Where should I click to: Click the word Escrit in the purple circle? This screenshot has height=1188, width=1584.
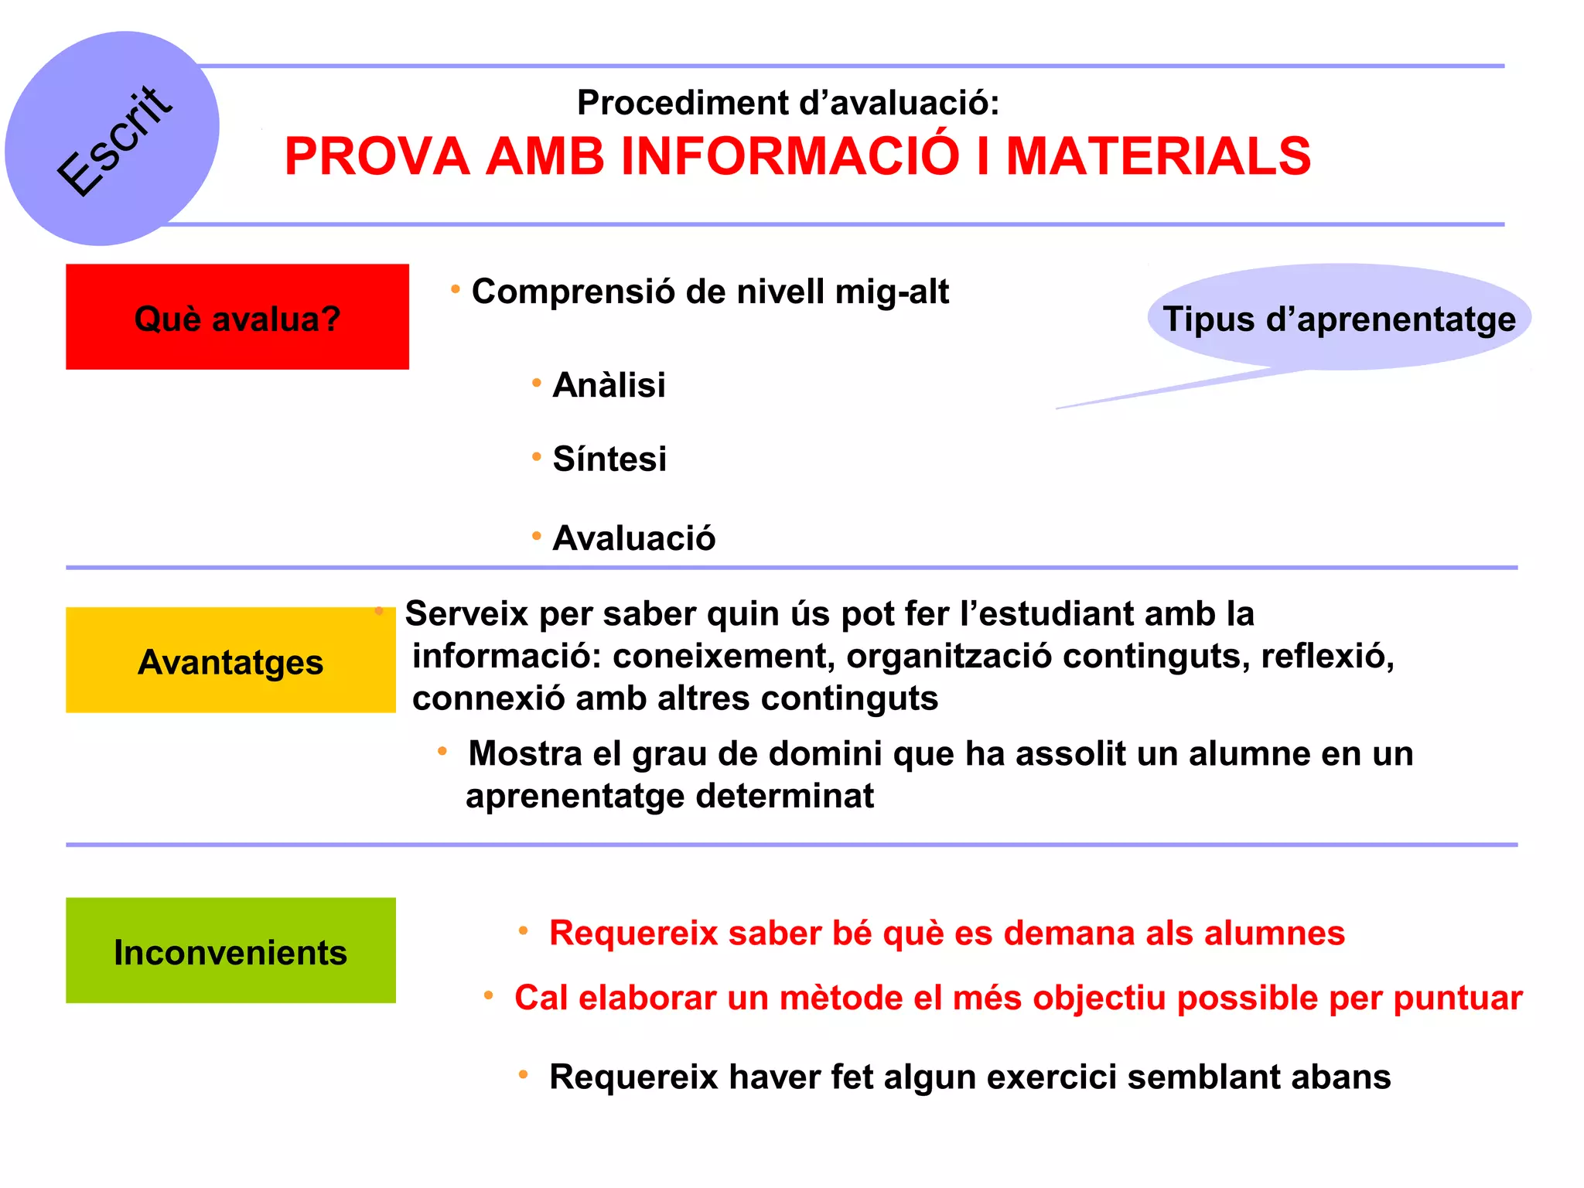(114, 142)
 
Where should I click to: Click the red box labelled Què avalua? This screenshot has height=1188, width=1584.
(237, 317)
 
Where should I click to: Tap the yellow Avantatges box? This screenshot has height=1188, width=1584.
(230, 661)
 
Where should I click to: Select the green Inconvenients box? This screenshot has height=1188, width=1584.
(230, 951)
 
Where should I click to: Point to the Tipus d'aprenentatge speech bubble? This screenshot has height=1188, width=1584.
(1339, 319)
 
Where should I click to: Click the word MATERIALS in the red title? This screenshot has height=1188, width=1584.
(1158, 156)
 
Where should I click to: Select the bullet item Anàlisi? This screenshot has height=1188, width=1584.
(609, 385)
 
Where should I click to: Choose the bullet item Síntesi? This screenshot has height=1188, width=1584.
(609, 459)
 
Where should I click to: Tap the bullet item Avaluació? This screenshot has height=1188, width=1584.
(633, 538)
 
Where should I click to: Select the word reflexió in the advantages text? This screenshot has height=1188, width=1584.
(1326, 656)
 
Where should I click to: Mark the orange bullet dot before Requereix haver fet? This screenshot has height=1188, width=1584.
(524, 1074)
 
